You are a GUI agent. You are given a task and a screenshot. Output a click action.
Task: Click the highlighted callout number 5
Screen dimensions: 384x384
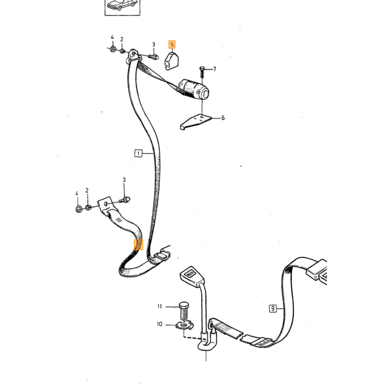click(x=172, y=44)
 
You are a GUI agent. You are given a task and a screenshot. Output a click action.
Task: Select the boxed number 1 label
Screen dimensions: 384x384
click(x=138, y=154)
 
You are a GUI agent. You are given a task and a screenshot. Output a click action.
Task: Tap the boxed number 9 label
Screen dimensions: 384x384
click(x=273, y=308)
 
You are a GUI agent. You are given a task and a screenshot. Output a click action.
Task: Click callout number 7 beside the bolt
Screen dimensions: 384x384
click(x=214, y=69)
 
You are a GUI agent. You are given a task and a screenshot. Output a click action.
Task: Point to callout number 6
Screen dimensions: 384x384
click(x=223, y=118)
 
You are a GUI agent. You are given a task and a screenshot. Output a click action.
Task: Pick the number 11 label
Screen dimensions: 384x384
click(x=160, y=306)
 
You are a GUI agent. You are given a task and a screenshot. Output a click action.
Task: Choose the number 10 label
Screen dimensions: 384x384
click(x=160, y=324)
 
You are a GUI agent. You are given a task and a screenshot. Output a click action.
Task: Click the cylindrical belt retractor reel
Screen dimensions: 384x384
click(x=194, y=89)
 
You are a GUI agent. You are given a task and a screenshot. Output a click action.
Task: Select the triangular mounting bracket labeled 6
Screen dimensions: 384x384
click(x=195, y=121)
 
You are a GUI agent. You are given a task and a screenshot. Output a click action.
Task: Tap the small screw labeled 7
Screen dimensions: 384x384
click(x=202, y=72)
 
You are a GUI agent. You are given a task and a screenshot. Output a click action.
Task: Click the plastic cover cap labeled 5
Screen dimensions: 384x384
click(x=171, y=61)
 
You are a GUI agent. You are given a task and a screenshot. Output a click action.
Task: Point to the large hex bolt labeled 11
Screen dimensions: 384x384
click(x=184, y=311)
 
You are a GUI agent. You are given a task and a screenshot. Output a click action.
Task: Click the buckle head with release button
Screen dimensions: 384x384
click(x=192, y=275)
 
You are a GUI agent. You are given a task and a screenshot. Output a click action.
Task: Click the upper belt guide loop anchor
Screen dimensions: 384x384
click(x=133, y=57)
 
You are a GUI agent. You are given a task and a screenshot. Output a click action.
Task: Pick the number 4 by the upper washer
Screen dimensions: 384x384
click(x=112, y=37)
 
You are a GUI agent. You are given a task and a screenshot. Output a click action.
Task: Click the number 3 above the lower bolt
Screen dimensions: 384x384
click(x=124, y=180)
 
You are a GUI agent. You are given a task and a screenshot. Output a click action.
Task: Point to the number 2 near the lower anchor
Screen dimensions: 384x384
click(x=87, y=190)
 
